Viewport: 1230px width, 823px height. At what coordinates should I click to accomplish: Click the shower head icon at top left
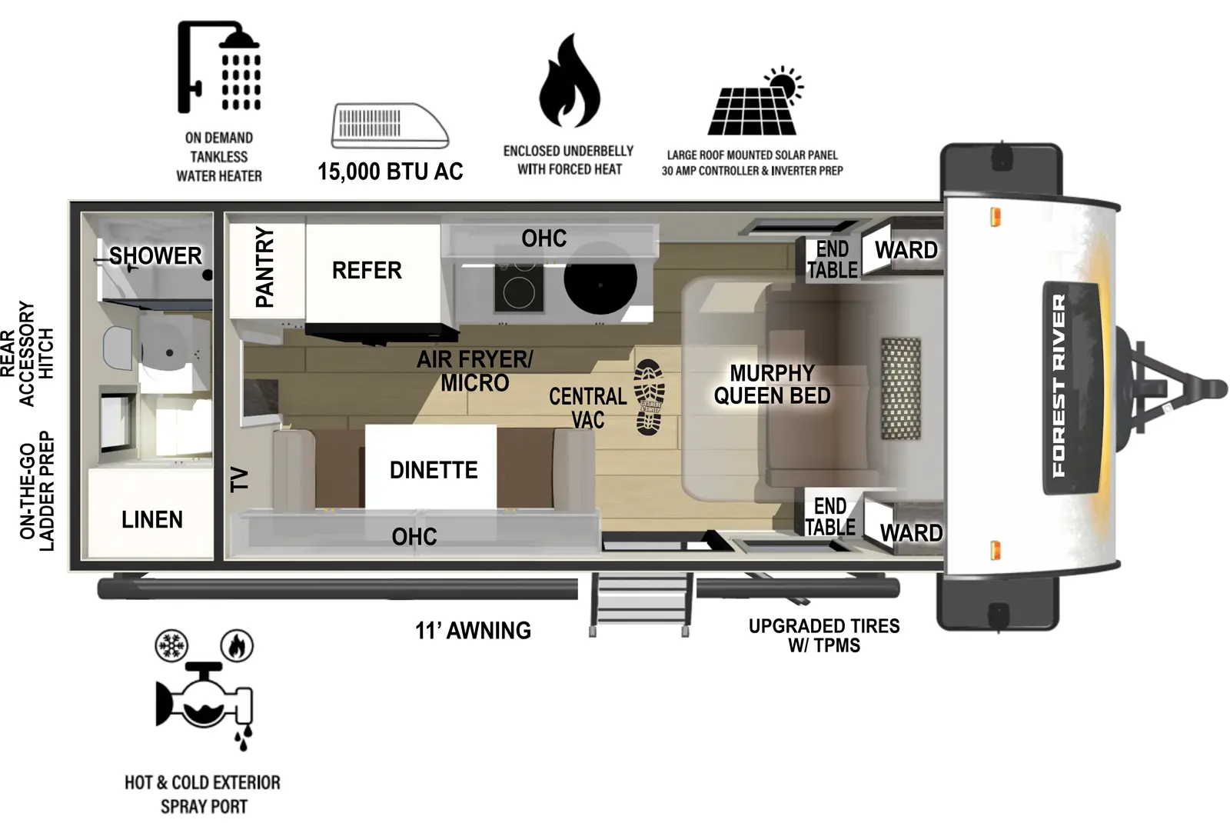[218, 67]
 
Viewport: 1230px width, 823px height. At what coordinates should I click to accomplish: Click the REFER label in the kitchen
[367, 271]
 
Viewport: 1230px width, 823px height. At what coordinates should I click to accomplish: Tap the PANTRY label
[264, 267]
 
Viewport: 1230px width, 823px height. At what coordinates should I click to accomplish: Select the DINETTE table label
[433, 470]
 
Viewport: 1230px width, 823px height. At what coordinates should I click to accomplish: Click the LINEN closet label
[151, 520]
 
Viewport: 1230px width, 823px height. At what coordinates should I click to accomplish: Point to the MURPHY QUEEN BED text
[772, 385]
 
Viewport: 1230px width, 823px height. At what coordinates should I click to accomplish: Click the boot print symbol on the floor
[649, 397]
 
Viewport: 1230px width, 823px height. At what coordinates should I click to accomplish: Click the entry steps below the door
[640, 604]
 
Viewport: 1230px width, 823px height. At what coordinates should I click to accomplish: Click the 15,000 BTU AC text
[390, 172]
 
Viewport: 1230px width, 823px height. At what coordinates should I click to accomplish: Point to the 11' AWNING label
[473, 631]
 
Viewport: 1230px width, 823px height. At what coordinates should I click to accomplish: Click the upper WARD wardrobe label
[906, 250]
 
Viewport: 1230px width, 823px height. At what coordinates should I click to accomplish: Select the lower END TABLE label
[829, 516]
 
